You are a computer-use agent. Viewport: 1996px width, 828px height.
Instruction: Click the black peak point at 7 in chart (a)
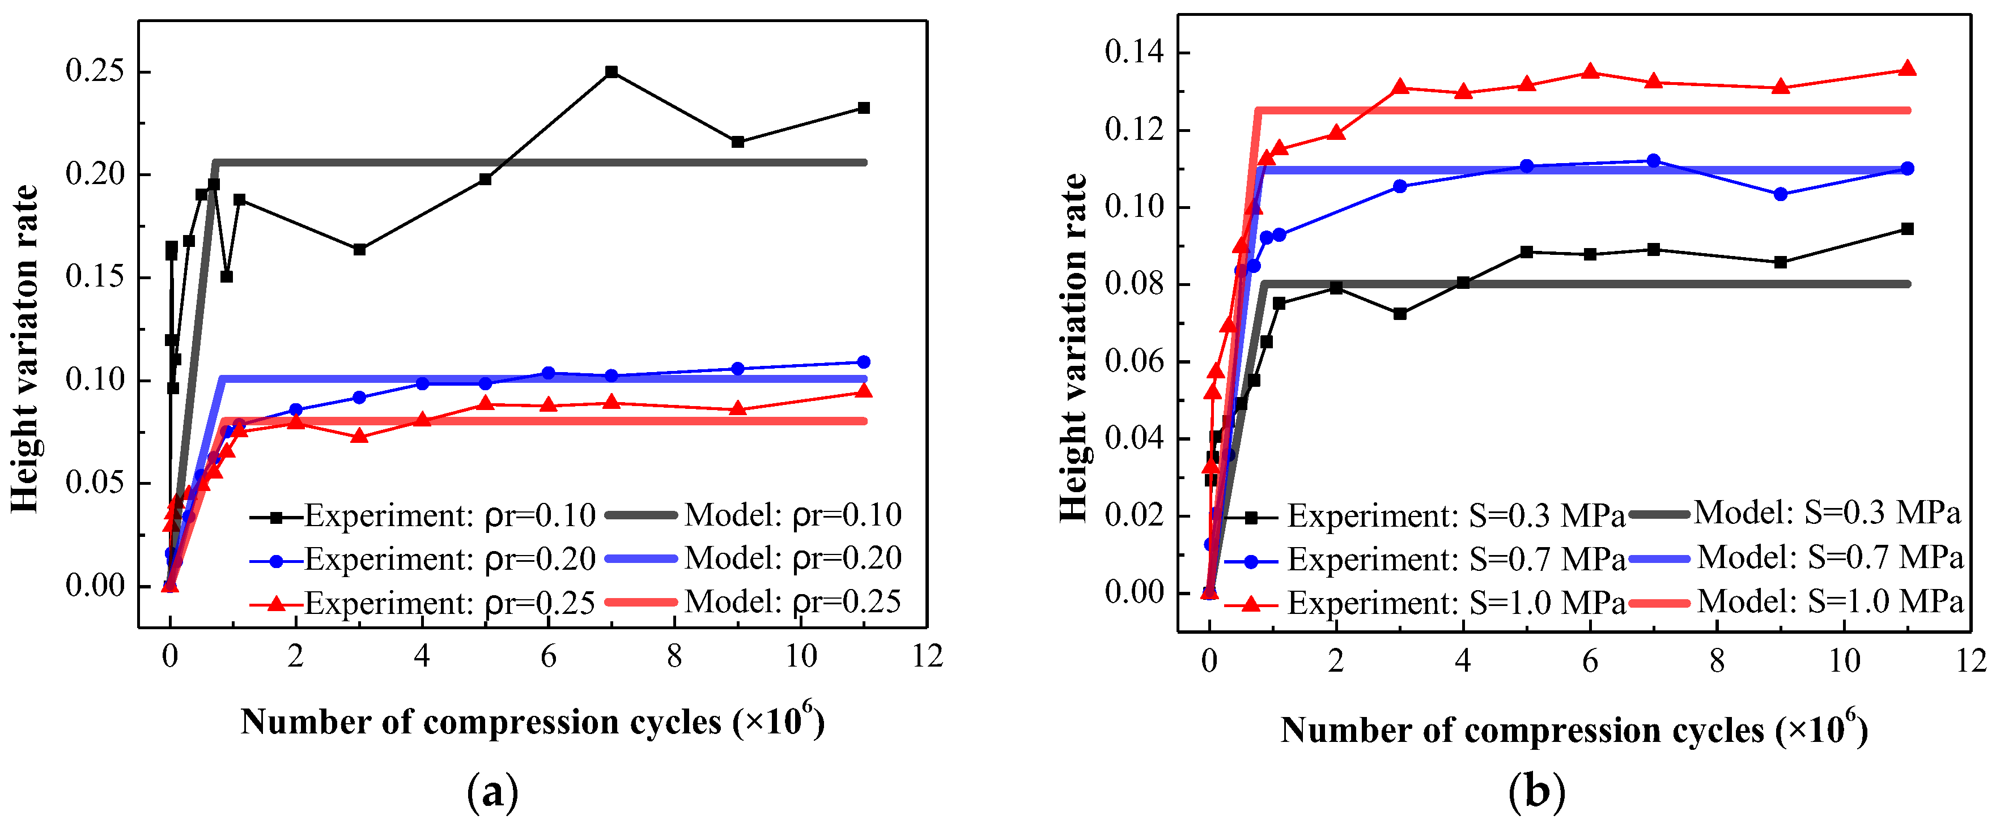[611, 72]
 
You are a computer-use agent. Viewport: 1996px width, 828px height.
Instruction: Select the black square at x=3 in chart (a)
[359, 249]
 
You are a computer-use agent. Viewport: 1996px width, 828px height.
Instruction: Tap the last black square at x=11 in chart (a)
[864, 108]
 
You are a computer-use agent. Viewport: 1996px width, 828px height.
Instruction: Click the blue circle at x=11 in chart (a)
[864, 362]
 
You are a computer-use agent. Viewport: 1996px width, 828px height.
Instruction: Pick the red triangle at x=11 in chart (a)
[864, 391]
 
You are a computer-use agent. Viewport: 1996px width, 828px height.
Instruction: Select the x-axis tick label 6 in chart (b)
[1590, 661]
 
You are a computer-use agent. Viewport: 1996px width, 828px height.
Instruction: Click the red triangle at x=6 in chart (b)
[1590, 72]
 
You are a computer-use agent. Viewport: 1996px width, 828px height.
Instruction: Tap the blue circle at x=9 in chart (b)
[1781, 194]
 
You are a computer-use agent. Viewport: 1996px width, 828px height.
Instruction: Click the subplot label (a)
[493, 792]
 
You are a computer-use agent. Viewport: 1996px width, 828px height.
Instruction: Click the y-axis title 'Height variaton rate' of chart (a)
[25, 348]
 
